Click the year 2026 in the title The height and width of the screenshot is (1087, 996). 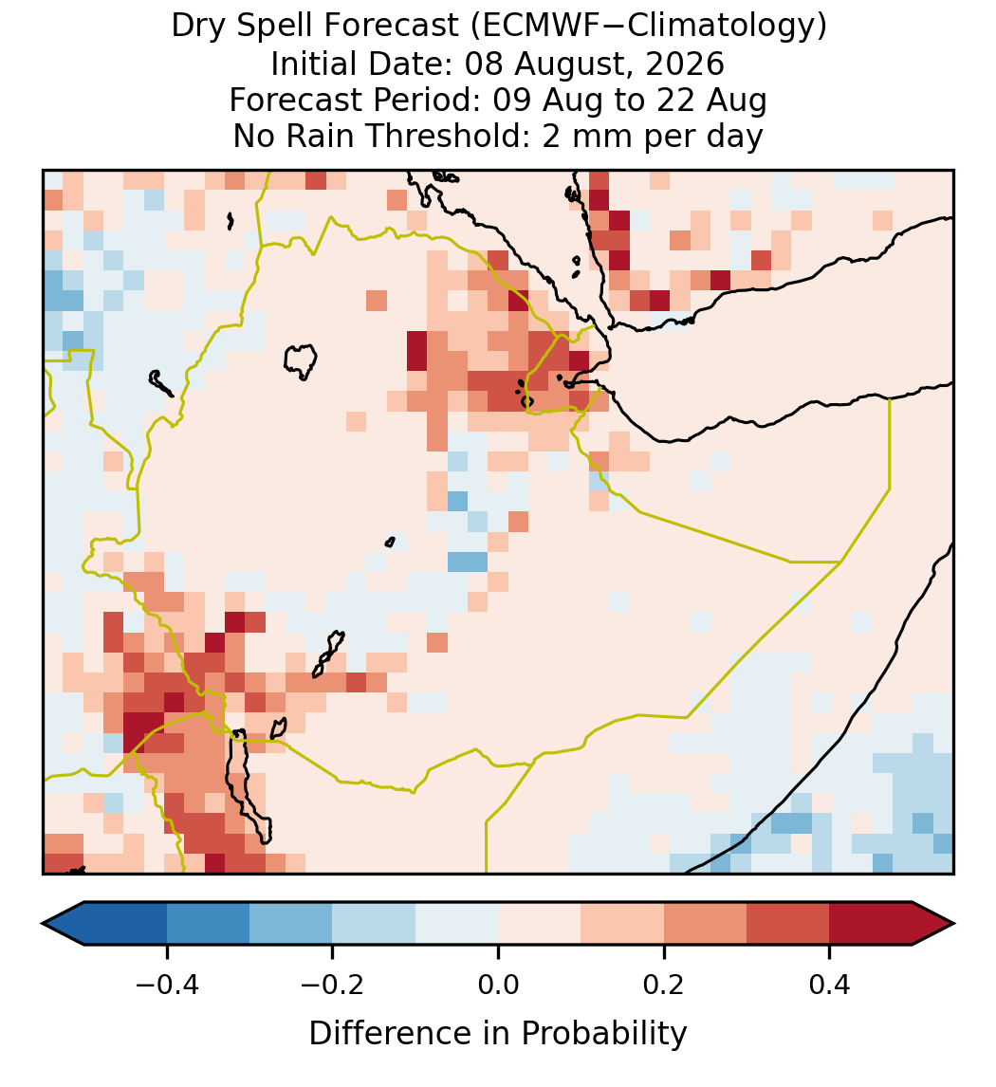pos(685,64)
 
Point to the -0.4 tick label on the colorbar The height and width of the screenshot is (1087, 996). pos(166,985)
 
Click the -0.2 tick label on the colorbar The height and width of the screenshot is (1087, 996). pos(332,985)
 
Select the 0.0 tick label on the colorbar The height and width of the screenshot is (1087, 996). pos(498,985)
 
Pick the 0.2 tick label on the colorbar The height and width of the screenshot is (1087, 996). pos(664,985)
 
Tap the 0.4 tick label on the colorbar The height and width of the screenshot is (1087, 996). pos(830,985)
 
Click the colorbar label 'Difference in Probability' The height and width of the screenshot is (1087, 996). pos(498,1034)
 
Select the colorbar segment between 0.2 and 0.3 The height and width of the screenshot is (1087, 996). pos(705,924)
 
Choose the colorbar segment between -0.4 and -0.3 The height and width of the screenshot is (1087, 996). pos(208,924)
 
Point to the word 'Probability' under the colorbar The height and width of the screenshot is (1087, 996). pos(603,1034)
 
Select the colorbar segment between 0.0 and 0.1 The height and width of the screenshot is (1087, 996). pos(539,924)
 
